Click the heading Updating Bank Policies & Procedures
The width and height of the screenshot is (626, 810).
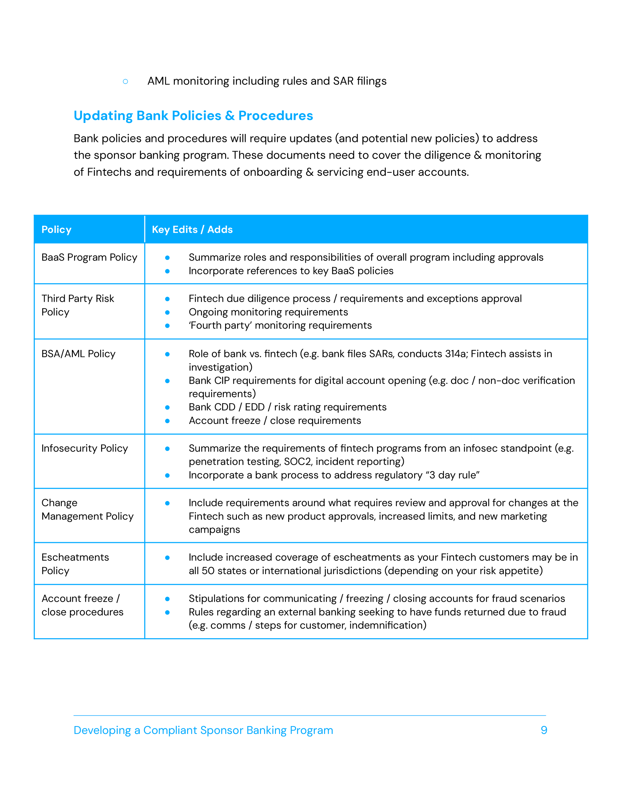(193, 116)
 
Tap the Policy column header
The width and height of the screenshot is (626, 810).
(56, 230)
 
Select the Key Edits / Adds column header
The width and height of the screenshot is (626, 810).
(192, 230)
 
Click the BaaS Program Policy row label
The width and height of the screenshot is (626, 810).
(89, 257)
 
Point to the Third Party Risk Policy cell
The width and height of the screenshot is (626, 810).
(78, 305)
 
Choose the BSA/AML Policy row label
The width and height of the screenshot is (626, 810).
(78, 354)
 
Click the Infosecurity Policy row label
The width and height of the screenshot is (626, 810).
(85, 448)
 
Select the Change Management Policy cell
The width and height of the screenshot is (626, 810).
(87, 510)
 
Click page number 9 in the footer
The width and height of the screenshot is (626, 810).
(544, 730)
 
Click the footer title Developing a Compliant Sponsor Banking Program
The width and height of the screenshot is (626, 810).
(203, 730)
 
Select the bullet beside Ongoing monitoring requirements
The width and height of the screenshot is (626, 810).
(167, 312)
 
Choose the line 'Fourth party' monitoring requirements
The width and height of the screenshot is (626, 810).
(280, 326)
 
